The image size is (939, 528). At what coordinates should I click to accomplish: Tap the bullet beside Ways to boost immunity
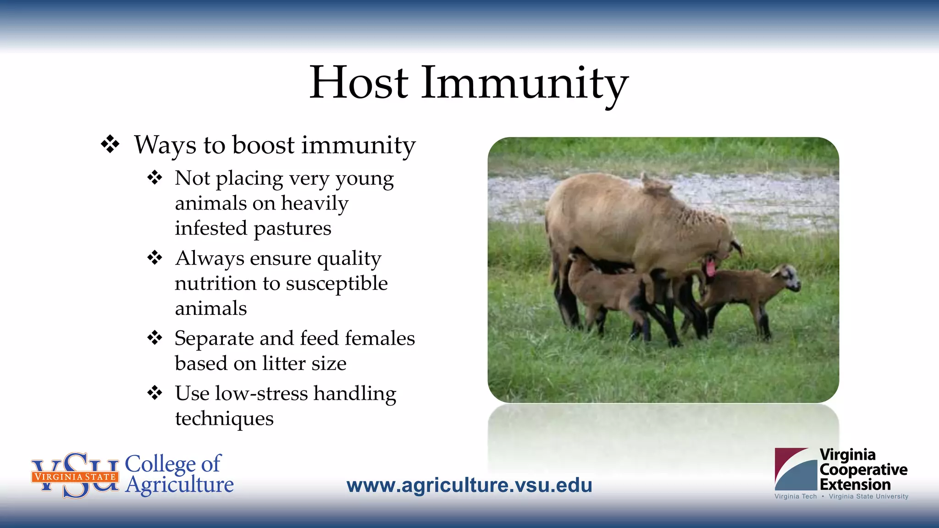click(x=110, y=144)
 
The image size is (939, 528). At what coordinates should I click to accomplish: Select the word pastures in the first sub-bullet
click(x=292, y=228)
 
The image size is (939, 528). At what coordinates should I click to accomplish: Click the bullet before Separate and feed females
click(x=155, y=338)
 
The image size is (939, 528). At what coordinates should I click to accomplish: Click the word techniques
click(x=224, y=418)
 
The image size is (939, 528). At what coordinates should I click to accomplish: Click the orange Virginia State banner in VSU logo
click(x=75, y=477)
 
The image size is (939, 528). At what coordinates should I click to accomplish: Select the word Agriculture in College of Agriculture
click(x=179, y=485)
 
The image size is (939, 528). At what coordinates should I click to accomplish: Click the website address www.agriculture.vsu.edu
click(x=469, y=485)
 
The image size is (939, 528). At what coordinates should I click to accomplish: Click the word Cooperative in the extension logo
click(x=863, y=469)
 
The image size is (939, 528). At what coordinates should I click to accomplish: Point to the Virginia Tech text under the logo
click(x=795, y=496)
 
